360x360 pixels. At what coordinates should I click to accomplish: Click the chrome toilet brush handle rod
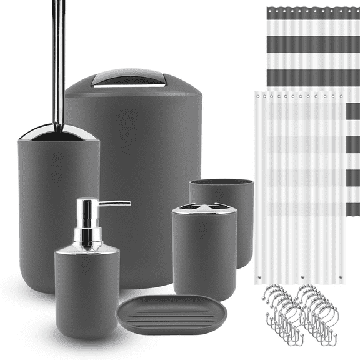click(58, 62)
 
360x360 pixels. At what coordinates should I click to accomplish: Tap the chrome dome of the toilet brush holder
click(58, 132)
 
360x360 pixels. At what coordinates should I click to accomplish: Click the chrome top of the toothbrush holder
click(204, 208)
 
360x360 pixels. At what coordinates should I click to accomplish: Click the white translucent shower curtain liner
click(300, 187)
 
